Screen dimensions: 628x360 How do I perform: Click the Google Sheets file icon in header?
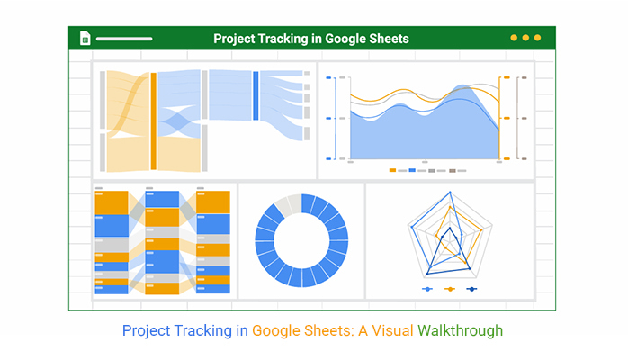coord(85,38)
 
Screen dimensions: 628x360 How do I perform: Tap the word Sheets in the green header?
coord(389,39)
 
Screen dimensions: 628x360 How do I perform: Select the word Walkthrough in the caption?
coord(460,331)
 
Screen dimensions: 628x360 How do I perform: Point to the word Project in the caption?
coord(146,331)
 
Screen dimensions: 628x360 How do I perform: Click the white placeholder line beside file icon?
coord(124,39)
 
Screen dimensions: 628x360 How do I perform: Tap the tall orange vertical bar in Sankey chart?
coord(153,121)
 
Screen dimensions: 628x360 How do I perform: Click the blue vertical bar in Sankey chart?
coord(256,95)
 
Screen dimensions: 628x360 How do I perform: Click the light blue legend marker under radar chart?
coord(427,289)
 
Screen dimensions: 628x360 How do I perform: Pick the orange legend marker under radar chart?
coord(450,289)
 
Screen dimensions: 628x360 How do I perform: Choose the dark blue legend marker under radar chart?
coord(471,289)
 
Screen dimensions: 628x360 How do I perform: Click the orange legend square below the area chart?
coord(392,171)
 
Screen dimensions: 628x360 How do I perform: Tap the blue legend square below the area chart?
coord(412,171)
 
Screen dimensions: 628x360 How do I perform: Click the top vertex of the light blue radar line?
coord(450,193)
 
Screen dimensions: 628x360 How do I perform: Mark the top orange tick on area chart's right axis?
coord(507,77)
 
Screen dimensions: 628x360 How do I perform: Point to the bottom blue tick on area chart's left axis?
coord(328,159)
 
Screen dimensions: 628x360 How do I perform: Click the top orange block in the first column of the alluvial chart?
coord(112,202)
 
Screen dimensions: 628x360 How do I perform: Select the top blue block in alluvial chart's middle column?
coord(162,199)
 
